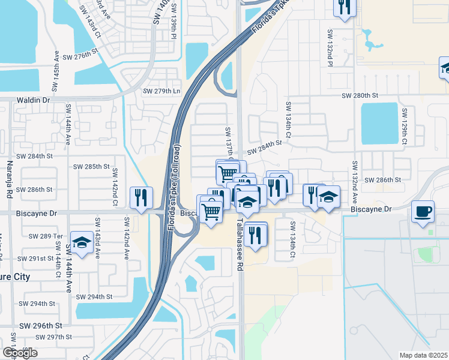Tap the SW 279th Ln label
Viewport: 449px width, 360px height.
click(x=161, y=91)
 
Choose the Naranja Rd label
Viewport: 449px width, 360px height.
click(x=10, y=180)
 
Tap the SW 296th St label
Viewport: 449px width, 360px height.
click(x=41, y=325)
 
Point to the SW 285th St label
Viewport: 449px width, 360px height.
click(x=91, y=166)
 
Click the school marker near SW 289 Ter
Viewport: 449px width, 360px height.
click(x=82, y=242)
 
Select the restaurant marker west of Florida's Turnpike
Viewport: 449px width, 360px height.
click(x=141, y=197)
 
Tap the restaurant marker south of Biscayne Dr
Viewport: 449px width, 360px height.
click(x=256, y=233)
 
